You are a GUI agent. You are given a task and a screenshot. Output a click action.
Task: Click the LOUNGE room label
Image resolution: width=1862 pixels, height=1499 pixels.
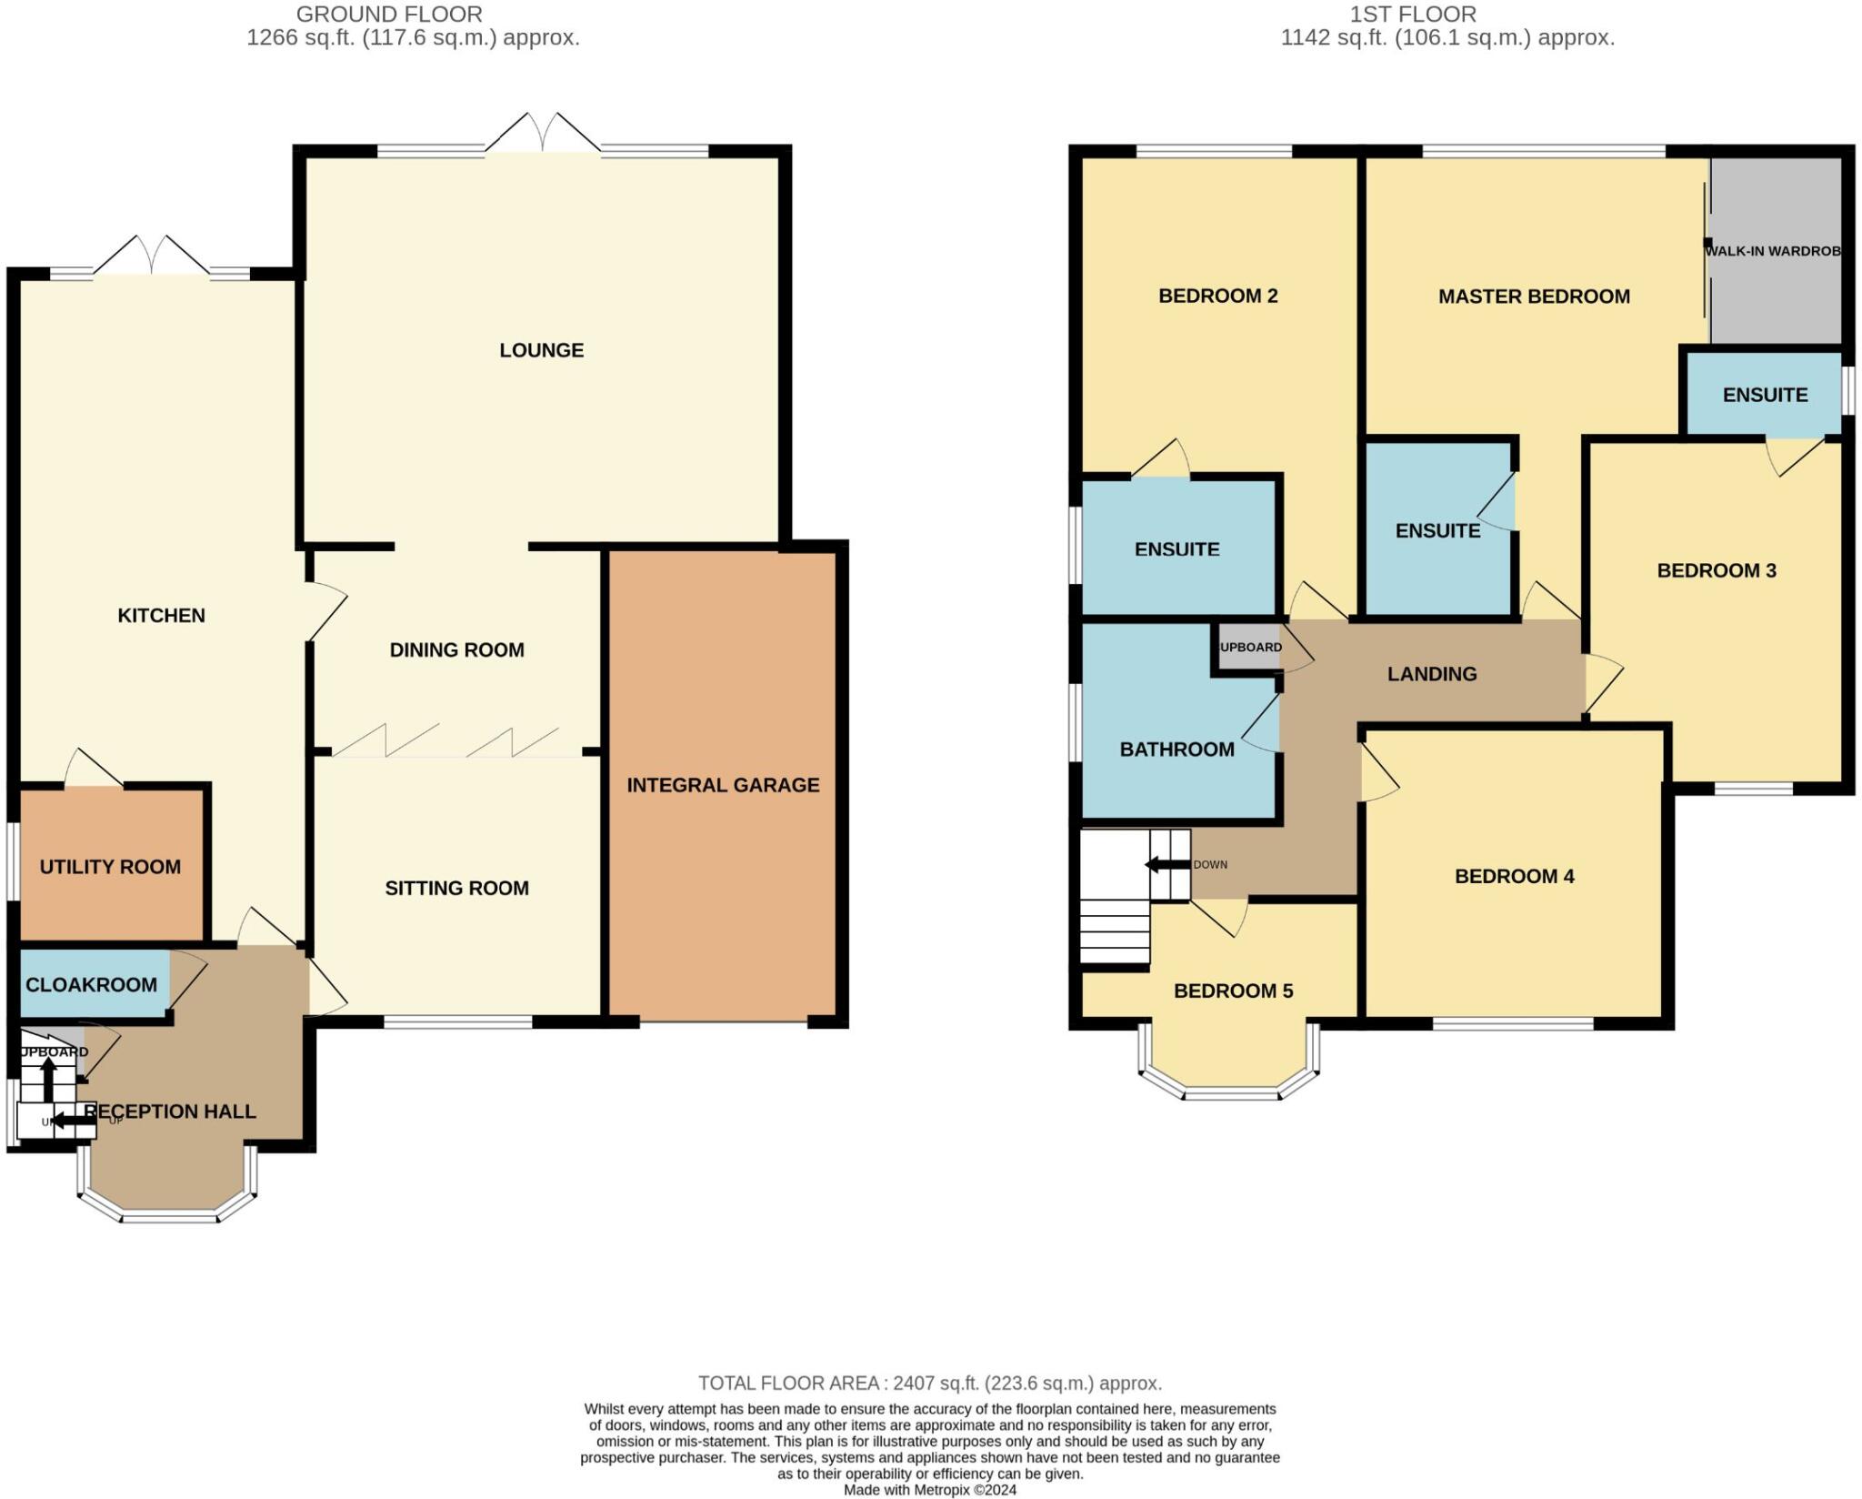pyautogui.click(x=541, y=350)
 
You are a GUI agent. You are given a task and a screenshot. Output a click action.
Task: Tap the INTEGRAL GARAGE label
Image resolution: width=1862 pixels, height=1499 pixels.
pyautogui.click(x=723, y=785)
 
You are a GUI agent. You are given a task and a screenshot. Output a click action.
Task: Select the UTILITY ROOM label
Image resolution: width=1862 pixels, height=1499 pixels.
pyautogui.click(x=110, y=867)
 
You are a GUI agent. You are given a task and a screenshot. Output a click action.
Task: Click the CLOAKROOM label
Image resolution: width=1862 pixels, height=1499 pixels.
pyautogui.click(x=91, y=984)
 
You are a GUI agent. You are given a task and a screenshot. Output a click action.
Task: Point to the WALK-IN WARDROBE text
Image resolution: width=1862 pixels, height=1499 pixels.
pyautogui.click(x=1773, y=251)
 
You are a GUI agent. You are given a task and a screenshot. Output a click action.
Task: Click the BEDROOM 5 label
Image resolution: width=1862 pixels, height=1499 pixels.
pyautogui.click(x=1233, y=991)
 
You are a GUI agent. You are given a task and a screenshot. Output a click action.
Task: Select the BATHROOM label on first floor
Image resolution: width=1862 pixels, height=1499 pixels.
pyautogui.click(x=1176, y=749)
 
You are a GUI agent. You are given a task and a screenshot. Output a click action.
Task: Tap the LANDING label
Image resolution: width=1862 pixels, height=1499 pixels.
pyautogui.click(x=1432, y=674)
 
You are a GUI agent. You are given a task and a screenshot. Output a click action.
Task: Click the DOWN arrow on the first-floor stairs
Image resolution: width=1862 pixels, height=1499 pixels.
pyautogui.click(x=1167, y=864)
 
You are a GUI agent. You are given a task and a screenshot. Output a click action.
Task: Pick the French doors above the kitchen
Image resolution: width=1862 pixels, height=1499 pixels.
pyautogui.click(x=151, y=256)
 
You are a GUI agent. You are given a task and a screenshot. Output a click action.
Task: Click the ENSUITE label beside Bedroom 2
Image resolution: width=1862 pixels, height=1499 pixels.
pyautogui.click(x=1176, y=549)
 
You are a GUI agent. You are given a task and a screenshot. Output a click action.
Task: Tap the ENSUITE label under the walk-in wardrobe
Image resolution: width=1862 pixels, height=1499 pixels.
pyautogui.click(x=1765, y=395)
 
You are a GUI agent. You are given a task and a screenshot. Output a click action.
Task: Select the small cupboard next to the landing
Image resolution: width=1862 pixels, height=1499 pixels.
pyautogui.click(x=1249, y=648)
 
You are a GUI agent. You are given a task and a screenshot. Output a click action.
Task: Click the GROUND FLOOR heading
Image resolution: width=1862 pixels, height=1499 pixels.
pyautogui.click(x=389, y=15)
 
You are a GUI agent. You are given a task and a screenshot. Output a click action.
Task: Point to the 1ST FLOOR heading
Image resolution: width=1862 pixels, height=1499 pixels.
pyautogui.click(x=1413, y=15)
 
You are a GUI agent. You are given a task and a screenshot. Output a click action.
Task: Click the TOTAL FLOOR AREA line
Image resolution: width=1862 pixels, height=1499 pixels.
pyautogui.click(x=929, y=1383)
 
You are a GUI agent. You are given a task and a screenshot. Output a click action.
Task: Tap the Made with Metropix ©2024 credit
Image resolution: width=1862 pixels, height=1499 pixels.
pyautogui.click(x=929, y=1490)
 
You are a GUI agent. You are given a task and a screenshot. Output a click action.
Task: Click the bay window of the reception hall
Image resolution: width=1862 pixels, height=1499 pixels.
pyautogui.click(x=169, y=1213)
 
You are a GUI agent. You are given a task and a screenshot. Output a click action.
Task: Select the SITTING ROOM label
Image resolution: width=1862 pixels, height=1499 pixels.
pyautogui.click(x=456, y=888)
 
